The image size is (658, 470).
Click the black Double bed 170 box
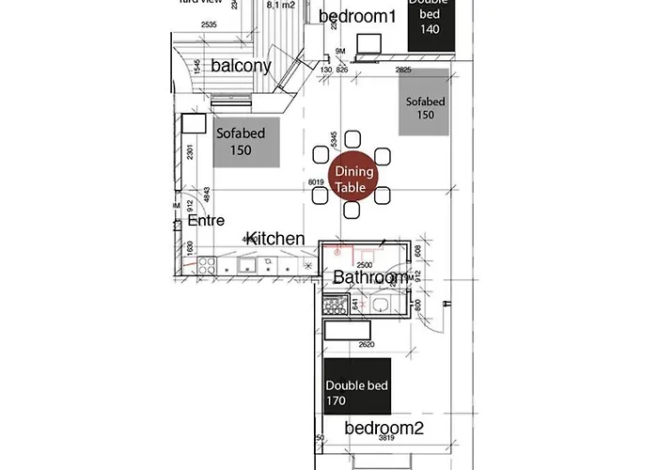(357, 393)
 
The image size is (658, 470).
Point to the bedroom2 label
(384, 429)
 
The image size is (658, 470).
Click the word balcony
(241, 66)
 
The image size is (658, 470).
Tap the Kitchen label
(275, 239)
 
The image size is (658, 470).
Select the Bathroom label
(370, 277)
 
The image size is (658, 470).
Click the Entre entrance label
(206, 220)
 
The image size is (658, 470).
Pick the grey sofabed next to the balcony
(247, 142)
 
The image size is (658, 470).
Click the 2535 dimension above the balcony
(210, 24)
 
